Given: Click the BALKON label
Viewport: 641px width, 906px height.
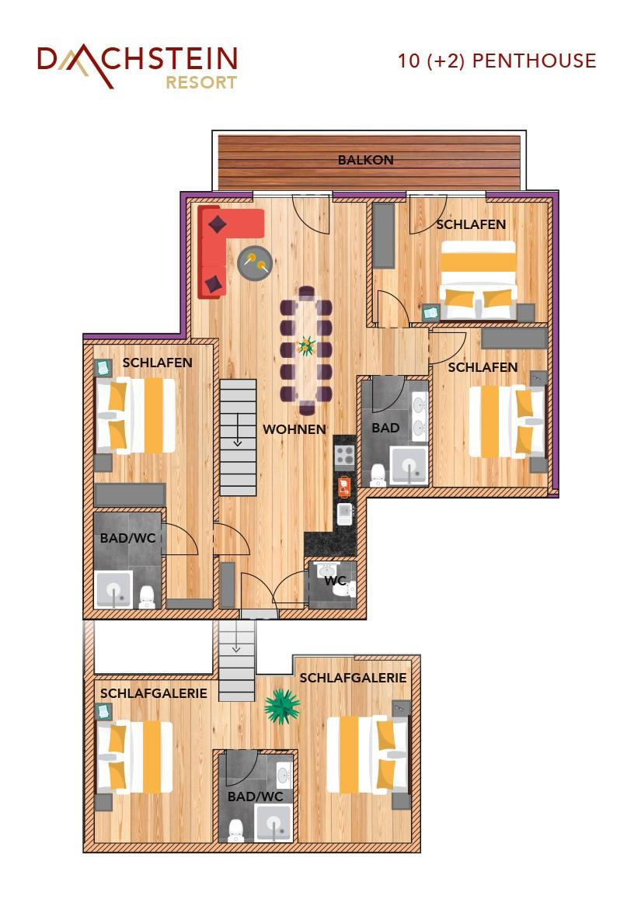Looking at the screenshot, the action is click(x=366, y=160).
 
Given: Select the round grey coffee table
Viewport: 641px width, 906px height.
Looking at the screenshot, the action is click(x=255, y=263).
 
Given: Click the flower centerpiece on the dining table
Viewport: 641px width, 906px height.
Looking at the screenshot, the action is click(x=305, y=346).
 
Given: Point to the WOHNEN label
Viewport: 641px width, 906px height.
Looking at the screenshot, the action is click(x=294, y=429).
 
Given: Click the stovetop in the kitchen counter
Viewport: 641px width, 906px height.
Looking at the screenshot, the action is click(x=345, y=456).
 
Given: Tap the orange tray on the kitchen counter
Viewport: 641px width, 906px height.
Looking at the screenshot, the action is click(x=345, y=487).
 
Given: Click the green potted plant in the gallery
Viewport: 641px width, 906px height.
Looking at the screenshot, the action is click(x=282, y=706).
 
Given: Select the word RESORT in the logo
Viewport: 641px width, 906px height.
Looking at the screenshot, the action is click(x=201, y=82).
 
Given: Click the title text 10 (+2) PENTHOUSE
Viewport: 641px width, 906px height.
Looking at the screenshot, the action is click(x=496, y=61).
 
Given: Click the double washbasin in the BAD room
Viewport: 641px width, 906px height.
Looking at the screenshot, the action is click(x=420, y=416).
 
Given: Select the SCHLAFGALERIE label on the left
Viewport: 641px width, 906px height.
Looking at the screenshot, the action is click(x=153, y=693).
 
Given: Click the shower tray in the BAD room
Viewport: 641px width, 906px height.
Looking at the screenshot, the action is click(x=409, y=465).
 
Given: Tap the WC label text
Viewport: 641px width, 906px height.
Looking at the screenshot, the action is click(x=336, y=581).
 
